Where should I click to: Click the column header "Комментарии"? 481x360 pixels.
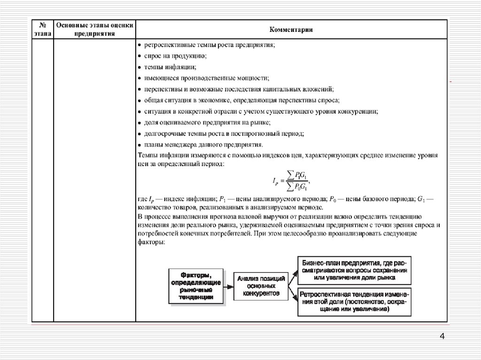pyautogui.click(x=291, y=30)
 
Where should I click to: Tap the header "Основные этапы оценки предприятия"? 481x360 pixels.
pyautogui.click(x=94, y=30)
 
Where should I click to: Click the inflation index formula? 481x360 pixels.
pyautogui.click(x=291, y=180)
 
